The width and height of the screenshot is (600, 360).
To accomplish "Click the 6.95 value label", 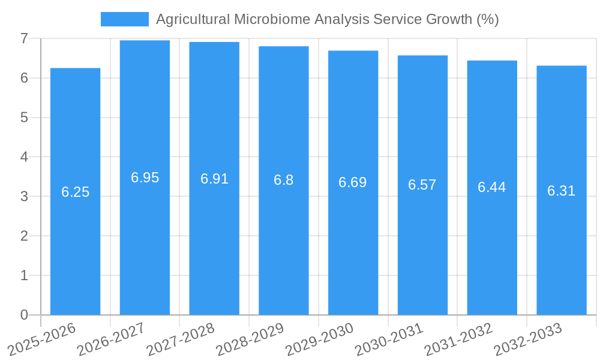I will click(145, 178).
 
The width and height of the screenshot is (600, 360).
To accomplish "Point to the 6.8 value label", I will click(284, 180).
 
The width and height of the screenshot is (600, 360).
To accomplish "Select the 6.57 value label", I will click(422, 185).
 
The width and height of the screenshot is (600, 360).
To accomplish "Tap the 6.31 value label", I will click(561, 191).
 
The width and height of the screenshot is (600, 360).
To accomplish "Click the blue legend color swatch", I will click(124, 19).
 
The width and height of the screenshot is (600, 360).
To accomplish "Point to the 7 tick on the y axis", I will click(24, 38).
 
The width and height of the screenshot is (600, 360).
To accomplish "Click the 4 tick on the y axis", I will click(24, 157).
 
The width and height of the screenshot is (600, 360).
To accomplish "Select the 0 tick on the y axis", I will click(24, 315).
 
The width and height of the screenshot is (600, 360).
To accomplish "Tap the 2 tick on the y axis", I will click(24, 236).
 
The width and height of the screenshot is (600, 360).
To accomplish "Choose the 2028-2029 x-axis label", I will click(250, 339).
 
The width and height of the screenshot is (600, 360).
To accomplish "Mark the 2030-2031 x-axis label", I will click(389, 339).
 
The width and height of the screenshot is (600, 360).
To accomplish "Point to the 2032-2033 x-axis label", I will click(528, 339).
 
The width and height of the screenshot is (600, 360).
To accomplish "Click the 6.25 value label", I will click(76, 192).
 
